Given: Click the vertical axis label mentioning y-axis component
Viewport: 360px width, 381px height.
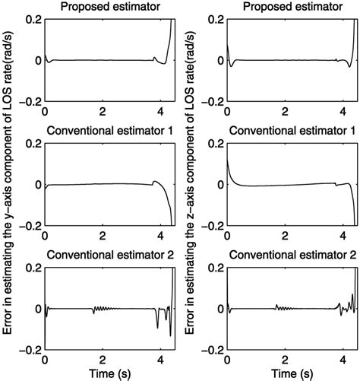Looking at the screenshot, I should click(x=9, y=190).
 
